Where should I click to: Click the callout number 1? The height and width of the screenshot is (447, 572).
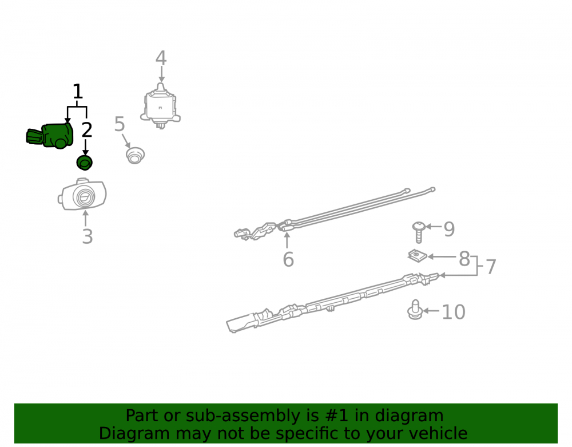(78, 91)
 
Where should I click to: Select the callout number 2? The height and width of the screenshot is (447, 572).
(87, 130)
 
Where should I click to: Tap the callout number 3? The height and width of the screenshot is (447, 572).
(87, 236)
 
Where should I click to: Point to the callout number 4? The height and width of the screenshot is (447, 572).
(161, 58)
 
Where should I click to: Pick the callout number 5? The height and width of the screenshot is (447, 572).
(120, 124)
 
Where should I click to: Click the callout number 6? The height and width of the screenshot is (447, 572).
(288, 259)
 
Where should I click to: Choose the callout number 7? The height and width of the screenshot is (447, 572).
(491, 267)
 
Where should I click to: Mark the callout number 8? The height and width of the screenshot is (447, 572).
(464, 259)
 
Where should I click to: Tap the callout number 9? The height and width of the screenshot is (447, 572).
(449, 229)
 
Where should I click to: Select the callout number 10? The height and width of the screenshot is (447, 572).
(454, 312)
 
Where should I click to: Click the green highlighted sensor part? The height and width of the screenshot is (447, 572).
(50, 136)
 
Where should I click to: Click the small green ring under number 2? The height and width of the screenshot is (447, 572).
(84, 163)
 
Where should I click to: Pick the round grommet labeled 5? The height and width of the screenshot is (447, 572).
(135, 156)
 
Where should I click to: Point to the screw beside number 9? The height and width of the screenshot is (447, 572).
(419, 232)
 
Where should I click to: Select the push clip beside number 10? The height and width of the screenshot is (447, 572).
(415, 310)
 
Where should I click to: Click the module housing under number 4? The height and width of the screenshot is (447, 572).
(161, 106)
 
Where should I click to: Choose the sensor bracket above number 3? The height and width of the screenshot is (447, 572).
(82, 194)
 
